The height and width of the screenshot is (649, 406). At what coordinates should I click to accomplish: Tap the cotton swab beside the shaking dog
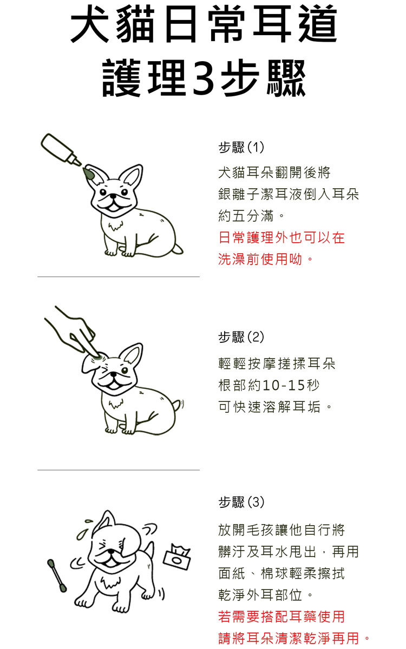pyautogui.click(x=57, y=575)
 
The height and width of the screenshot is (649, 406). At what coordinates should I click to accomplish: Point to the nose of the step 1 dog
pyautogui.click(x=113, y=197)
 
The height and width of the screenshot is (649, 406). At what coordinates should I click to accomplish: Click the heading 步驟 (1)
pyautogui.click(x=241, y=147)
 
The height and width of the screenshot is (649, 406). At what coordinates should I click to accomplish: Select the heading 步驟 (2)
pyautogui.click(x=241, y=337)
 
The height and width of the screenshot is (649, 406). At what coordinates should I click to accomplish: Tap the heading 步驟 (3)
pyautogui.click(x=241, y=502)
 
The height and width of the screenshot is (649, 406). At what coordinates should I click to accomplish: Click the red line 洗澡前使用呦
pyautogui.click(x=265, y=259)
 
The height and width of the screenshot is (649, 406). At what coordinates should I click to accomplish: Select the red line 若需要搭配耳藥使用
pyautogui.click(x=281, y=616)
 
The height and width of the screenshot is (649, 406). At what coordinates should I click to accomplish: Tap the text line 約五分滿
pyautogui.click(x=251, y=216)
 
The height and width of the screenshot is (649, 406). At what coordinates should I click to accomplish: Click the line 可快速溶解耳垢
pyautogui.click(x=274, y=407)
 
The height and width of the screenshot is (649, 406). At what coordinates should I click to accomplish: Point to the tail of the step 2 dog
pyautogui.click(x=178, y=405)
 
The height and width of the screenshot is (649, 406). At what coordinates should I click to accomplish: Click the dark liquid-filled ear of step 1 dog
pyautogui.click(x=88, y=174)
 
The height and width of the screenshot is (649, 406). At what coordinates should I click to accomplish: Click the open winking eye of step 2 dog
pyautogui.click(x=125, y=370)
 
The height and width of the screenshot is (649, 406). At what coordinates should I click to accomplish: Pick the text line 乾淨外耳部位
pyautogui.click(x=265, y=595)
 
